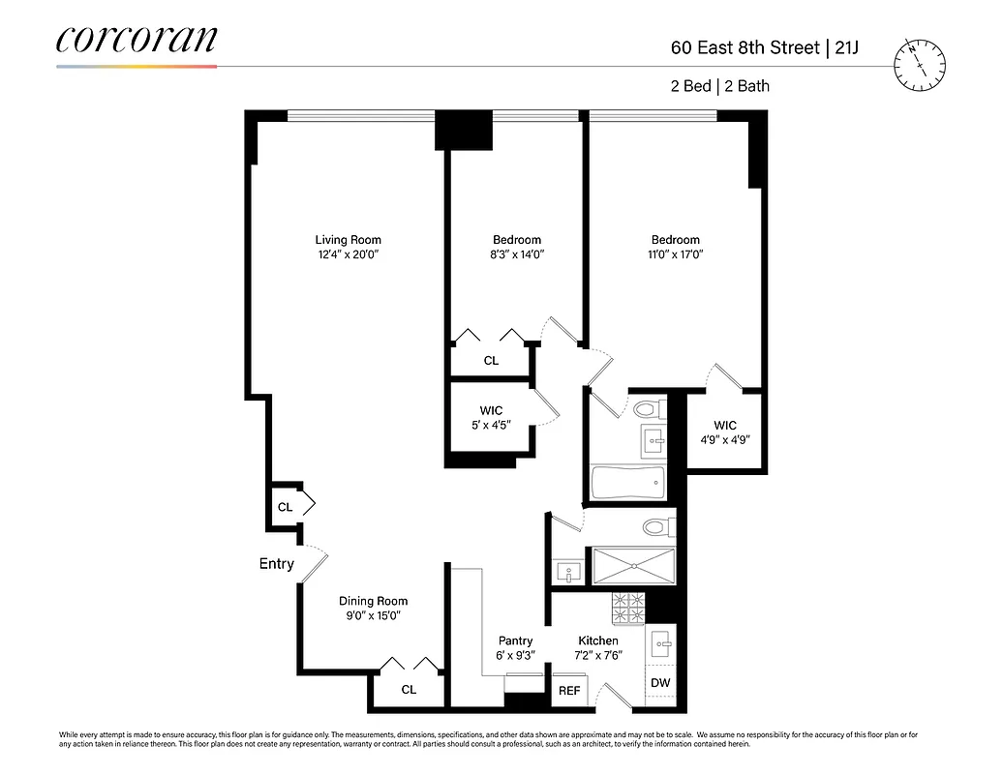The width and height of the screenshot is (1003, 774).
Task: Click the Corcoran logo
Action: [x=137, y=41]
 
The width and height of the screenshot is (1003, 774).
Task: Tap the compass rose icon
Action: [x=920, y=65]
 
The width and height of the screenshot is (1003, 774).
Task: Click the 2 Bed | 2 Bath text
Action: [x=719, y=86]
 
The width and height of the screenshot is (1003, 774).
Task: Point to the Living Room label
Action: [x=348, y=240]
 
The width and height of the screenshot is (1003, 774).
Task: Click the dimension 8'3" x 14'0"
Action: [x=516, y=255]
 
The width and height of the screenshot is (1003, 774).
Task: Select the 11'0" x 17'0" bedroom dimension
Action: [x=675, y=255]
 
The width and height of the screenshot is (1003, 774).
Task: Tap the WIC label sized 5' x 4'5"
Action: [x=491, y=411]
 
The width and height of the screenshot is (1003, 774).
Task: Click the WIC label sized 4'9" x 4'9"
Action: [x=724, y=426]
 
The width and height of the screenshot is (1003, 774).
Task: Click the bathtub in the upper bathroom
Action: [x=627, y=480]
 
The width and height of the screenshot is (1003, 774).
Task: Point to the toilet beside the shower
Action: [x=657, y=528]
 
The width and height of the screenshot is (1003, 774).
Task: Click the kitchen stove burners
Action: [x=628, y=608]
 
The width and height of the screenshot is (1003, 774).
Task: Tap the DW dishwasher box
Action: [x=660, y=683]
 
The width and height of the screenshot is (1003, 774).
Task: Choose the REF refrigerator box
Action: [x=569, y=691]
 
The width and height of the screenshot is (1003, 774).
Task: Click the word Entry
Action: [x=276, y=564]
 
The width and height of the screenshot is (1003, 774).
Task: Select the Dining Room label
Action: [x=373, y=601]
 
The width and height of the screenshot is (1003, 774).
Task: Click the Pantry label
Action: [x=515, y=640]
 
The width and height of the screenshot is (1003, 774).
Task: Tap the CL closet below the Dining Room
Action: [x=409, y=690]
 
